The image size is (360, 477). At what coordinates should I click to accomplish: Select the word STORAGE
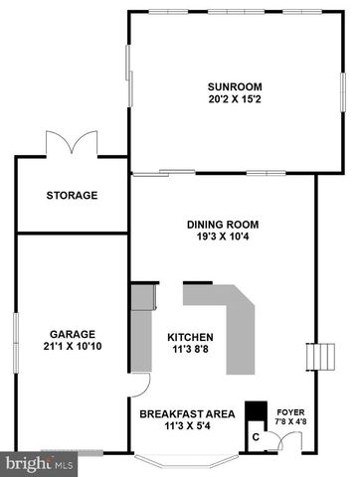[x=72, y=195]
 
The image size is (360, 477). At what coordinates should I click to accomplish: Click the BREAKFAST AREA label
[x=187, y=412]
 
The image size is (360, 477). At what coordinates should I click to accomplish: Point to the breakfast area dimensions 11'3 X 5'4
[x=187, y=426]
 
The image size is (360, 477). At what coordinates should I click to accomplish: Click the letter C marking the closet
[x=256, y=435]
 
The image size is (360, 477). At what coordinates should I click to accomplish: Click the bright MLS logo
[x=39, y=463]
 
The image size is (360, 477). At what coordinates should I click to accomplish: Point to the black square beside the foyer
[x=256, y=412]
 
